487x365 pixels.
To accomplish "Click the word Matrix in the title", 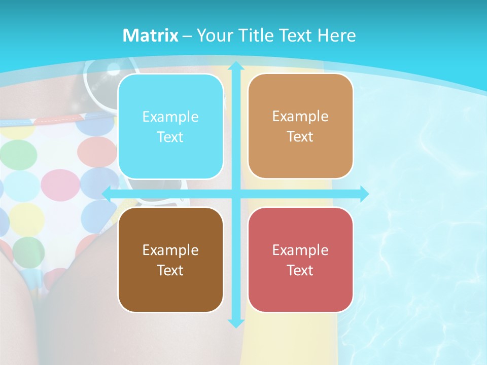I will tap(150, 35).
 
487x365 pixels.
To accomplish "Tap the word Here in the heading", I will tap(336, 35).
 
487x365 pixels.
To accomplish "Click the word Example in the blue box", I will tap(170, 117).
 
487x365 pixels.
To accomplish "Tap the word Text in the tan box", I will tap(300, 137).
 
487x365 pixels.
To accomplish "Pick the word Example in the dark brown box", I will tap(170, 250).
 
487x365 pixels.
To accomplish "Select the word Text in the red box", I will tap(300, 270).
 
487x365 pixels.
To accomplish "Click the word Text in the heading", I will tap(296, 35).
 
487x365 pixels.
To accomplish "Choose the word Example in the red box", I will tap(300, 250).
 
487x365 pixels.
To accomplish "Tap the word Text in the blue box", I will tap(170, 137).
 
